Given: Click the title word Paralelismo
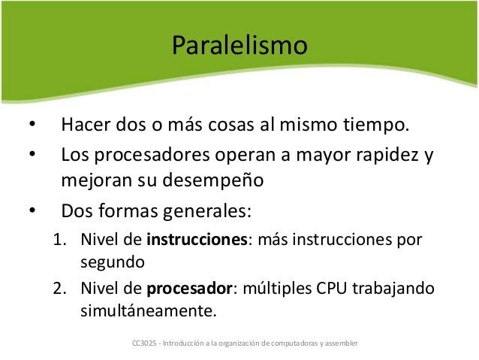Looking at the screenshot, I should click(x=239, y=46).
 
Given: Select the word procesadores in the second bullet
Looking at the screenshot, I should click(x=147, y=158).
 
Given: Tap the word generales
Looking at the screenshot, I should click(x=203, y=210).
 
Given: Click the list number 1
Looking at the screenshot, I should click(x=58, y=241).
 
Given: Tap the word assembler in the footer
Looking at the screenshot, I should click(x=342, y=343).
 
